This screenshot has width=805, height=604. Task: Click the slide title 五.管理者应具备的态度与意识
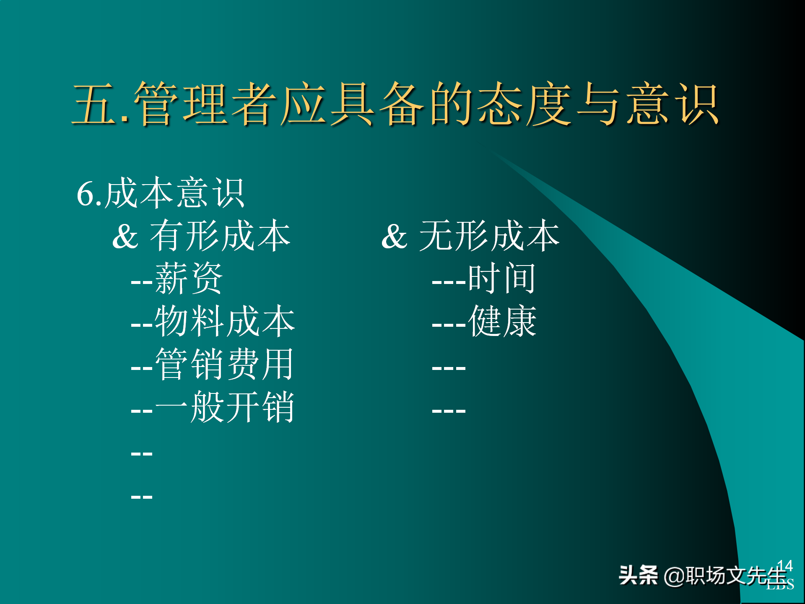(x=396, y=104)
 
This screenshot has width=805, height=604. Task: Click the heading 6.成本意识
(x=160, y=193)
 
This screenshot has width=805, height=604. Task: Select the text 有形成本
(x=220, y=236)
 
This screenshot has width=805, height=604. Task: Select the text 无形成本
(x=489, y=236)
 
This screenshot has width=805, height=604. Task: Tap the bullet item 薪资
(x=189, y=279)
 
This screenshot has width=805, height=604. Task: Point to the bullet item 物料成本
(x=225, y=322)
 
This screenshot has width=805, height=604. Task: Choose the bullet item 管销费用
(x=224, y=364)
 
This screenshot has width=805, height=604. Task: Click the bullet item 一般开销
(x=224, y=407)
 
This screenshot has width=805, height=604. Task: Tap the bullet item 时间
(x=501, y=279)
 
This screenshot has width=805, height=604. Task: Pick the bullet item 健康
(x=502, y=322)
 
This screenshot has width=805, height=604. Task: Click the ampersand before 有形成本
(x=125, y=237)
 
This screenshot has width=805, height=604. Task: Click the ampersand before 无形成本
(x=394, y=237)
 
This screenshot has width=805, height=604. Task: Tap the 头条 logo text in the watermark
(x=638, y=575)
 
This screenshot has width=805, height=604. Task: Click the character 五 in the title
(x=94, y=104)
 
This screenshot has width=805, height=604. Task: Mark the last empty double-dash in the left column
(x=142, y=497)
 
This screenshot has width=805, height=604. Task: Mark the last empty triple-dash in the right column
(x=449, y=411)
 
